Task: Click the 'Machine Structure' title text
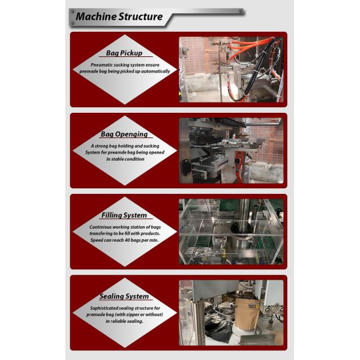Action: (119, 17)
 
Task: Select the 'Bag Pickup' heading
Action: (124, 53)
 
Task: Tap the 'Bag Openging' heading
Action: (124, 134)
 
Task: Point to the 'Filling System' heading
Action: (124, 215)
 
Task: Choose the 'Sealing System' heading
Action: (124, 296)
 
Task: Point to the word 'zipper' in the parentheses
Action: (132, 314)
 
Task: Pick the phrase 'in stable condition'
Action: (125, 159)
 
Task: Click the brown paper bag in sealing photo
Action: (247, 313)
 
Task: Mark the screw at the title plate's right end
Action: (241, 11)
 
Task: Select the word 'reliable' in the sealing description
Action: (119, 321)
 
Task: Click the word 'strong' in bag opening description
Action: (101, 146)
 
